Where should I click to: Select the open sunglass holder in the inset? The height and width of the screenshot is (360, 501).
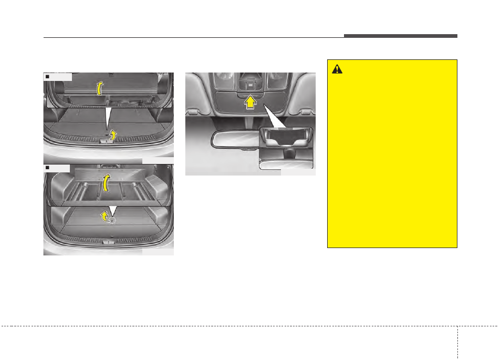[286, 136]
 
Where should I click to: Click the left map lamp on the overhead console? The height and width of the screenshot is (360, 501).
[226, 79]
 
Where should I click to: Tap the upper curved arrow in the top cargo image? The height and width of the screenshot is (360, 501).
[99, 88]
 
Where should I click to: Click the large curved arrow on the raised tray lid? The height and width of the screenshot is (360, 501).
[107, 183]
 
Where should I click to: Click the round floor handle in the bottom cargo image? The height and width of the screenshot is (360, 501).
[111, 221]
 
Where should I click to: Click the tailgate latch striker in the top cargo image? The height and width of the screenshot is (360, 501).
[108, 141]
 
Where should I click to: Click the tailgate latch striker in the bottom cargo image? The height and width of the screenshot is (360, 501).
[108, 242]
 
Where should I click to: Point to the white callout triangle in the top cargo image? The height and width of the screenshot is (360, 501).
[107, 118]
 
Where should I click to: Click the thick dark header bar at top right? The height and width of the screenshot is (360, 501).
[401, 36]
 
